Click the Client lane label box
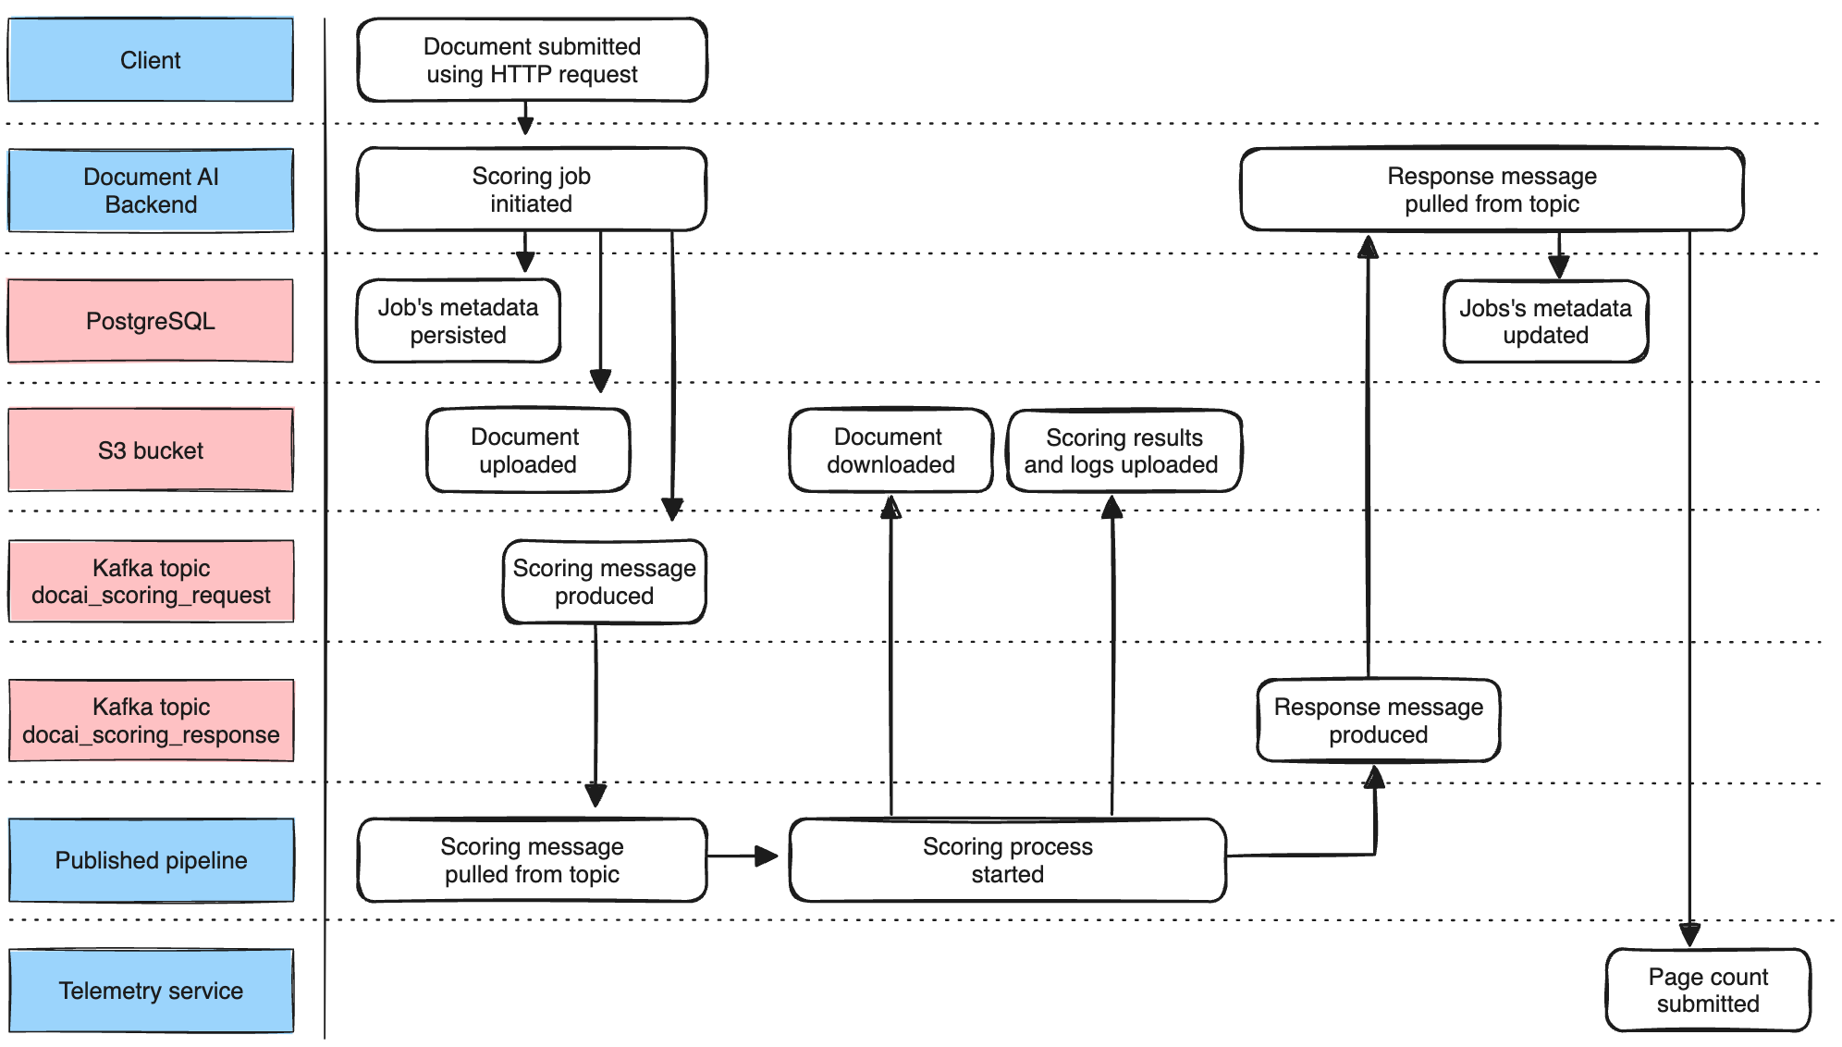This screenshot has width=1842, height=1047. pyautogui.click(x=151, y=60)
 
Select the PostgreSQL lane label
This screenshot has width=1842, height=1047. pyautogui.click(x=151, y=321)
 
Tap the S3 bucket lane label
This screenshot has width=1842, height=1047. pyautogui.click(x=151, y=450)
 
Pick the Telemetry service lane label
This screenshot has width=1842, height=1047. pyautogui.click(x=151, y=991)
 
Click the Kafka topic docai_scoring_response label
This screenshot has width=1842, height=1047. pyautogui.click(x=151, y=721)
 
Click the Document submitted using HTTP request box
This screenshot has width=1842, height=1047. pyautogui.click(x=532, y=60)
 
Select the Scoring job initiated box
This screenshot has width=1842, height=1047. pyautogui.click(x=532, y=190)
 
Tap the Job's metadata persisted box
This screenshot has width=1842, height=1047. pyautogui.click(x=459, y=321)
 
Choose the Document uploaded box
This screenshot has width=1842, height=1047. pyautogui.click(x=527, y=450)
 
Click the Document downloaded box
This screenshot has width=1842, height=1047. pyautogui.click(x=890, y=450)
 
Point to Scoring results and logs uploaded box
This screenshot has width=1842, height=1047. pyautogui.click(x=1123, y=450)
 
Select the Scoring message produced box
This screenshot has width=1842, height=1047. pyautogui.click(x=604, y=582)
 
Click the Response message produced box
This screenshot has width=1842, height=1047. pyautogui.click(x=1378, y=721)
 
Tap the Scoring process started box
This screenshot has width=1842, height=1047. pyautogui.click(x=1007, y=860)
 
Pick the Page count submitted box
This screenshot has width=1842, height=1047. pyautogui.click(x=1707, y=990)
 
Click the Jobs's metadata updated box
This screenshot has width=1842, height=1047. pyautogui.click(x=1545, y=321)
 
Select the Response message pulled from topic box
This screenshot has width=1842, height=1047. pyautogui.click(x=1492, y=190)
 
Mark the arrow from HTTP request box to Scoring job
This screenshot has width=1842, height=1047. pyautogui.click(x=525, y=118)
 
